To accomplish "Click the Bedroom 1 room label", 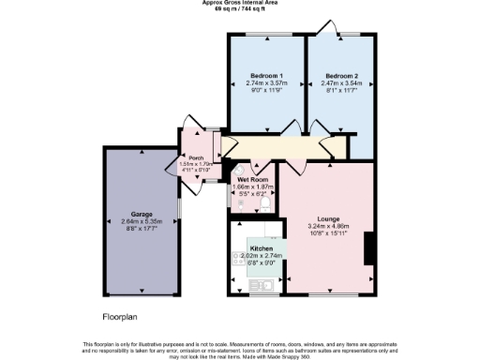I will coord(267,75).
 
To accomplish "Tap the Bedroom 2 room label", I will coord(342,75).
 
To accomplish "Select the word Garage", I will coord(143,214).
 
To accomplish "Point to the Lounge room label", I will coord(328,218).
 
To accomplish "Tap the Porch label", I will coord(196,157).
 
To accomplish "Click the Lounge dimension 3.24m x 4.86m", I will coord(328,226).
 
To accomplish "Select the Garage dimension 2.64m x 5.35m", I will coord(143,221).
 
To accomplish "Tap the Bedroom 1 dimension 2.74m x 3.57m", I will coord(267,82).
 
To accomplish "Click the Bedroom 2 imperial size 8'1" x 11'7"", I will coord(342,90).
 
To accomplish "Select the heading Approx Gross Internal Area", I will coord(239,3).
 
